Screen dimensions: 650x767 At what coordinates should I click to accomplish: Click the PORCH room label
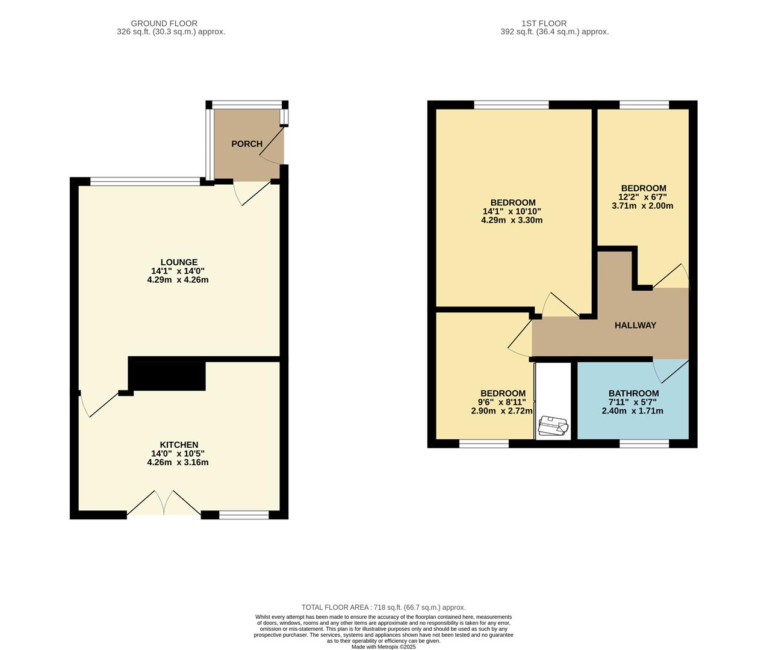(x=247, y=144)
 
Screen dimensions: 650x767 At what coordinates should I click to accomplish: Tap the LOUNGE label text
(x=178, y=262)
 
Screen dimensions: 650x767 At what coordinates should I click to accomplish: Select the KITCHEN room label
(x=179, y=445)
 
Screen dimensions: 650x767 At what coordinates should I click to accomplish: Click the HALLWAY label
(x=635, y=325)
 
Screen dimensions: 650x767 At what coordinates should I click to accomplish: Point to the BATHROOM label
(x=633, y=394)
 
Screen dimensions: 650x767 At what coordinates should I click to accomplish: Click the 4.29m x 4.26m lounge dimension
(x=178, y=280)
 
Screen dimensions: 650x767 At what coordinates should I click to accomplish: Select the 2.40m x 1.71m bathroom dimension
(x=632, y=411)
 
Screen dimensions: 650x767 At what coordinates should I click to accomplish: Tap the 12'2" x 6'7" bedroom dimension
(x=643, y=197)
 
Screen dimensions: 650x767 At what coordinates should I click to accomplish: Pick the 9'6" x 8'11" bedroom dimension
(x=501, y=403)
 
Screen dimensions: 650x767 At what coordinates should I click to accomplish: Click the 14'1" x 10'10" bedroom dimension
(x=512, y=211)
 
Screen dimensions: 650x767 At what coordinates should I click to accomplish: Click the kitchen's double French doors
(x=164, y=504)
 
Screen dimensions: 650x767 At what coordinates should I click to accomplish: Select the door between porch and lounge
(x=253, y=192)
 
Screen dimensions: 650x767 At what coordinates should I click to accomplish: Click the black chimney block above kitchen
(x=167, y=374)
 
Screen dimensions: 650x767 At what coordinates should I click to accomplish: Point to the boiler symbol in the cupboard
(x=553, y=426)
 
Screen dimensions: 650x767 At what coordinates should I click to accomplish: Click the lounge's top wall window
(x=144, y=181)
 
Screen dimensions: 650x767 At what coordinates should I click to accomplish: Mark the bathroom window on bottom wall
(x=644, y=444)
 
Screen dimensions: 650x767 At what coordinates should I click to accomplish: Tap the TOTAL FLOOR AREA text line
(x=383, y=607)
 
